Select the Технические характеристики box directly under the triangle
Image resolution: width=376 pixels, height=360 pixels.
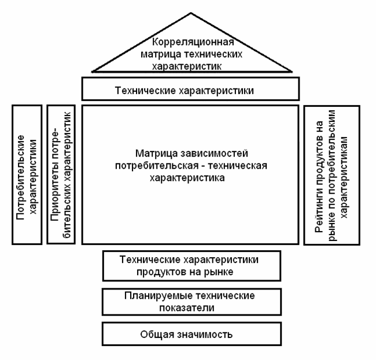(x=191, y=90)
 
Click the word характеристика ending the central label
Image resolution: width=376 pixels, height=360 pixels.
(x=190, y=179)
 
